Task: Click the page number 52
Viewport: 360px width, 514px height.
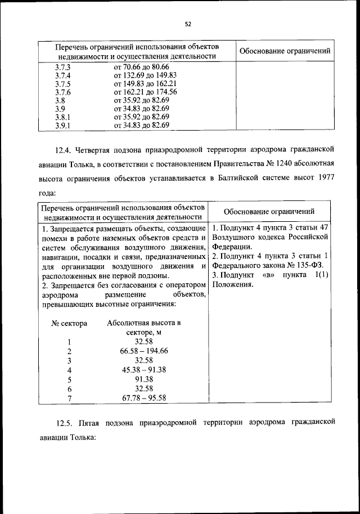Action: [x=188, y=24]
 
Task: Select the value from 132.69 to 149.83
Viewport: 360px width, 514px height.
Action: [x=145, y=75]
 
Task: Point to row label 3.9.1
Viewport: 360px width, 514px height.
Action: [x=62, y=126]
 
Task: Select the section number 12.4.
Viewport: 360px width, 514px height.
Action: [x=64, y=149]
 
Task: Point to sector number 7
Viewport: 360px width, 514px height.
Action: [x=69, y=398]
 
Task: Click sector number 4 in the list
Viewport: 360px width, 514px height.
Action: [x=69, y=370]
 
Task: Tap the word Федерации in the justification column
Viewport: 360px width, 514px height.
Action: [x=232, y=246]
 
